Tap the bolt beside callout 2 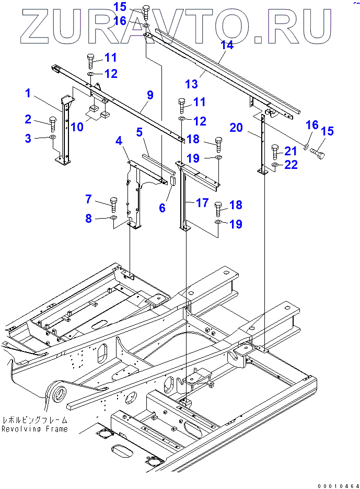click(x=52, y=123)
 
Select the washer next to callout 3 click(x=53, y=138)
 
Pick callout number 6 click(x=162, y=208)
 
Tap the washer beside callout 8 click(x=113, y=217)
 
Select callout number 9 click(x=150, y=95)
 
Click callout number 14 click(x=226, y=46)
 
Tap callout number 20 click(x=236, y=127)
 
